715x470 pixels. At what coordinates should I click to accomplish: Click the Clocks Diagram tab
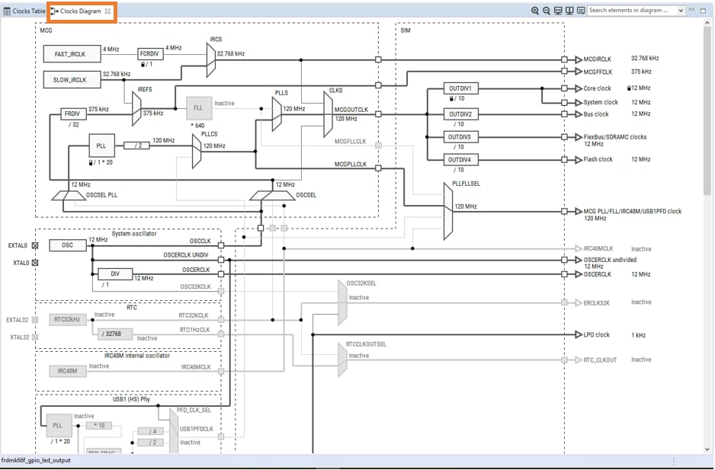(80, 11)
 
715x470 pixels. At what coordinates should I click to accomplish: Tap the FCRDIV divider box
(149, 54)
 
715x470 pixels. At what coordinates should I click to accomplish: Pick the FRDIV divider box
(73, 114)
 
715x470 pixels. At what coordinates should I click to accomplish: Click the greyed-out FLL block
(198, 107)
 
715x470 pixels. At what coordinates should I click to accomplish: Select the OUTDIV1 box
(460, 89)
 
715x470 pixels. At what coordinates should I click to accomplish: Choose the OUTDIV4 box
(460, 160)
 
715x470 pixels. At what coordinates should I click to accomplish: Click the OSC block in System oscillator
(68, 245)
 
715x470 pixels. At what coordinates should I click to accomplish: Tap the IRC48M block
(68, 371)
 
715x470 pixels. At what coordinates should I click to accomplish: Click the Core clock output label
(597, 88)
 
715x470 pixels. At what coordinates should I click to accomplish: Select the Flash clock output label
(598, 159)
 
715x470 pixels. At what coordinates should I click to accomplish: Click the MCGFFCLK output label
(598, 72)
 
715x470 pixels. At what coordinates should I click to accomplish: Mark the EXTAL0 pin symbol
(34, 245)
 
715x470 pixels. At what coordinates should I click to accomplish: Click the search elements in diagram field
(632, 11)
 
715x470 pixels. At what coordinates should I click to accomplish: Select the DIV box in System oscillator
(114, 274)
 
